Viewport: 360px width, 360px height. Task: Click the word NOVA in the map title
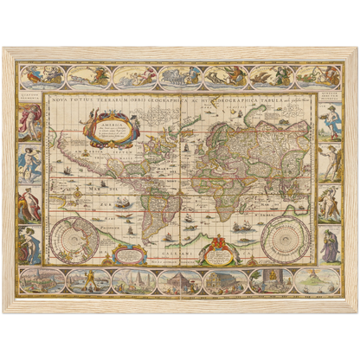tap(61, 100)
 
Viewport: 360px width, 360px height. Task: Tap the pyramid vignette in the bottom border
tap(179, 282)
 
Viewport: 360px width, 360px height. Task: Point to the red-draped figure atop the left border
tap(30, 121)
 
